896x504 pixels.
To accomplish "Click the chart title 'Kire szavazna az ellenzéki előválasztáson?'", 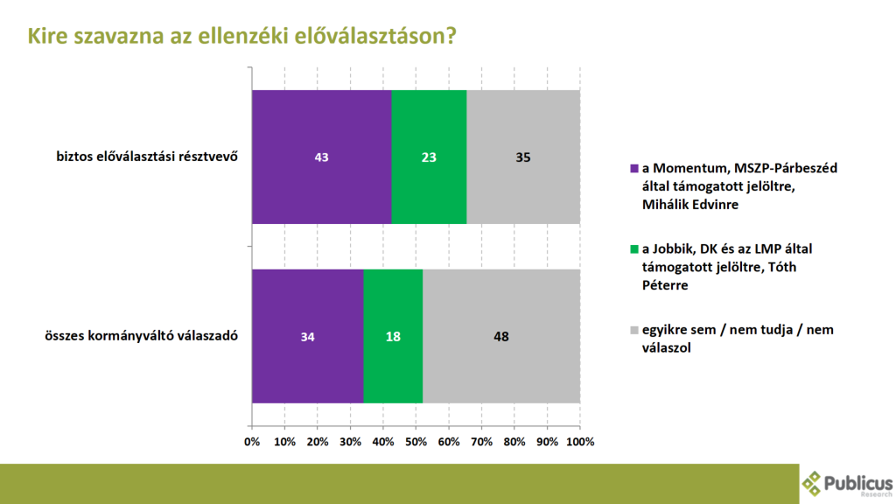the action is (241, 36).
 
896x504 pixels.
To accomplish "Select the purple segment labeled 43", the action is (322, 157).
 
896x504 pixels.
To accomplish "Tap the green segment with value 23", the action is (429, 157).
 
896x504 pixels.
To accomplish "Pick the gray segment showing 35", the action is (523, 157).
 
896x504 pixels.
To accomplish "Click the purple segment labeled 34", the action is (307, 336).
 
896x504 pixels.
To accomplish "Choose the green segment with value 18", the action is (393, 336).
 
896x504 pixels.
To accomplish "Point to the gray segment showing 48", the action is (501, 336).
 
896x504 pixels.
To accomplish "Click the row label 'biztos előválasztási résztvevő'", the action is (147, 157).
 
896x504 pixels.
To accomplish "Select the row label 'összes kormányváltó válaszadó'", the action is (141, 335).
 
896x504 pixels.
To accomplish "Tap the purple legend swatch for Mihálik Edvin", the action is (633, 169).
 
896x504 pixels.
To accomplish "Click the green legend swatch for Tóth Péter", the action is (633, 249).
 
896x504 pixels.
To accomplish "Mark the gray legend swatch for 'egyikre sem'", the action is (633, 330).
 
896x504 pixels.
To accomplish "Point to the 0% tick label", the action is (252, 442).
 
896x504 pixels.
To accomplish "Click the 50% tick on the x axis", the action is (416, 442).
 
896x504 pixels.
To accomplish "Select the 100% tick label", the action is (580, 442).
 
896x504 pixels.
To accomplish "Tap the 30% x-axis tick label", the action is (350, 442).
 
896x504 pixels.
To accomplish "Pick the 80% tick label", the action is (514, 442).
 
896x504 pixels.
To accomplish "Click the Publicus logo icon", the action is (811, 483).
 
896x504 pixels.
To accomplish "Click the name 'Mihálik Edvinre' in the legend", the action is (690, 205).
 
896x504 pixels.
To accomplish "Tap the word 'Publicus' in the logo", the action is (857, 483).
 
